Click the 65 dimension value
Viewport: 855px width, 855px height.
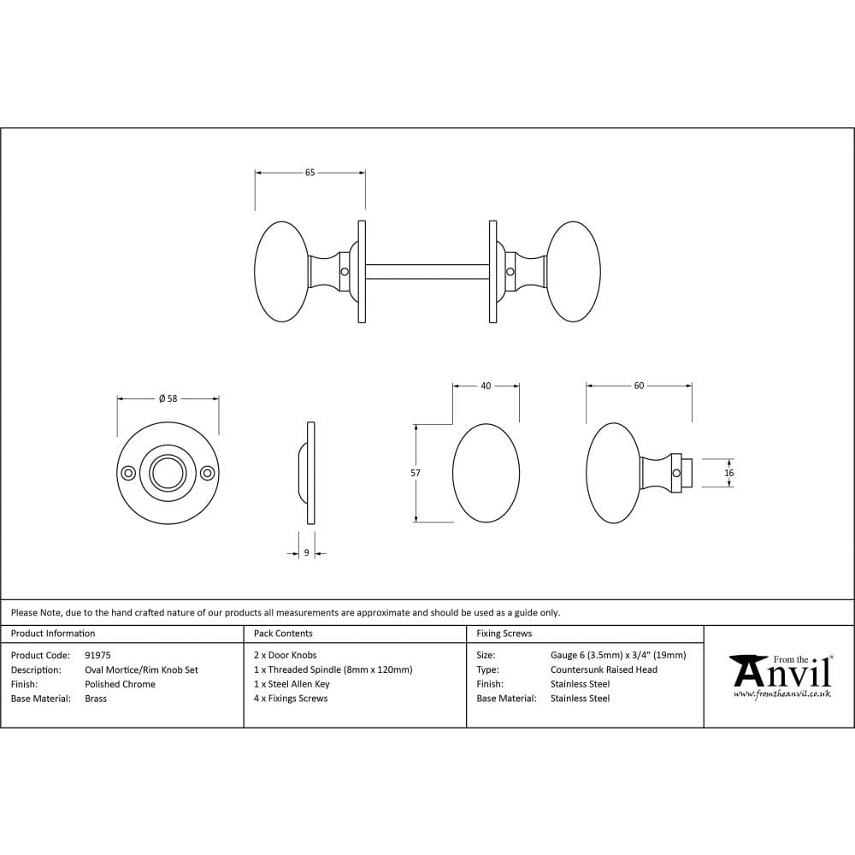coord(310,173)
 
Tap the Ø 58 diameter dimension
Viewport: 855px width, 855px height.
coord(168,398)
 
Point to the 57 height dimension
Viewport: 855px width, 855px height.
coord(416,473)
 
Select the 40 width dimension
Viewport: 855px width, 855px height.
coord(486,386)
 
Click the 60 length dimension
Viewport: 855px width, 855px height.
coord(639,386)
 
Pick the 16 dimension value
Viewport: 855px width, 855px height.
coord(729,473)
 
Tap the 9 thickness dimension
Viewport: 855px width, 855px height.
coord(306,553)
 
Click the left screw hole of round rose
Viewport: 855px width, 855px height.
coord(128,473)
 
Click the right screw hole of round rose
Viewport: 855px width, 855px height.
coord(206,473)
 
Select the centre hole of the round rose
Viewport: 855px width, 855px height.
coord(168,473)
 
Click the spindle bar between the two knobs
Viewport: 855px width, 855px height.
coord(427,272)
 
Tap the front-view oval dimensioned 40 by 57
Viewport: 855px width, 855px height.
coord(486,473)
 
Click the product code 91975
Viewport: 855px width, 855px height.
coord(98,656)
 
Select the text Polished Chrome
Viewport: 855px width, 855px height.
coord(120,684)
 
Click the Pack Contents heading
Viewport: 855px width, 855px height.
coord(283,634)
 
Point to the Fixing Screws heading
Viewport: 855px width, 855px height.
coord(504,634)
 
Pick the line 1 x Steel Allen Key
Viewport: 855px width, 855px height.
coord(292,684)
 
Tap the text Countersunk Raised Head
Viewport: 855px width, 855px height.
coord(604,669)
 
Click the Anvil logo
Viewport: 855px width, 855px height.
coord(781,675)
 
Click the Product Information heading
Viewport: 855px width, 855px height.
coord(53,634)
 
